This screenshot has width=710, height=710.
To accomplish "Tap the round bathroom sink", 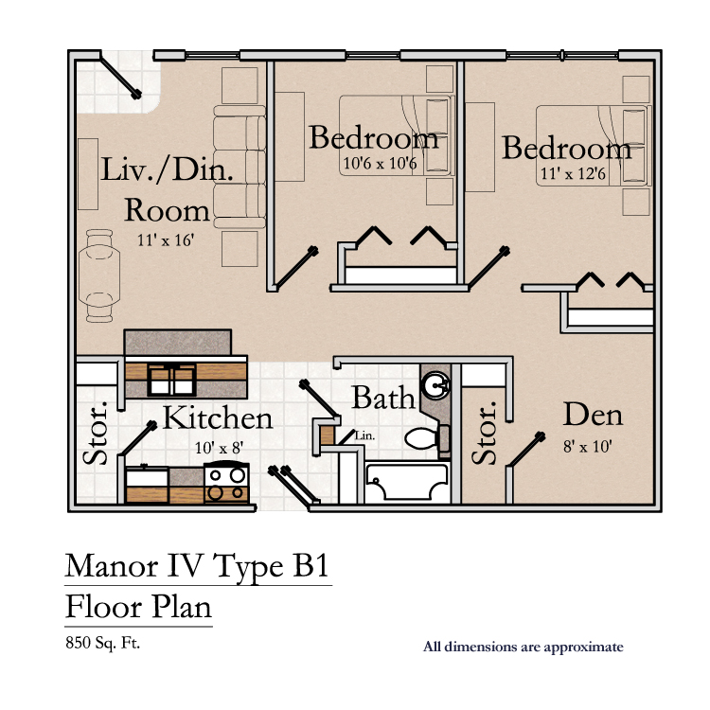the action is click(x=436, y=386).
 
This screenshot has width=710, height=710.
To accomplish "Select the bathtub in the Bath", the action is click(x=407, y=481).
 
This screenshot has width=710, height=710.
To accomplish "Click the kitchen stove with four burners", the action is click(x=226, y=482).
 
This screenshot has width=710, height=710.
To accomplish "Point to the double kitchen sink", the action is click(x=171, y=380).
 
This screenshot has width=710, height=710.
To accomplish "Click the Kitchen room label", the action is click(x=218, y=417).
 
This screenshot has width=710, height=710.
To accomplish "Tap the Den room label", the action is click(x=593, y=415).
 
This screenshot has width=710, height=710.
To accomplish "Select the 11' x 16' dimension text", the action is click(x=166, y=240).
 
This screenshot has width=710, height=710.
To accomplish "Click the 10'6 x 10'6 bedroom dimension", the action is click(x=380, y=163).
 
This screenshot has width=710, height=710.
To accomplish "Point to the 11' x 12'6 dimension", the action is click(x=573, y=173).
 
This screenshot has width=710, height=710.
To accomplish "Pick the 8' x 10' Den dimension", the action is click(x=587, y=447).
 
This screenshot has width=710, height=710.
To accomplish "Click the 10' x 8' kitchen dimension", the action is click(x=219, y=448).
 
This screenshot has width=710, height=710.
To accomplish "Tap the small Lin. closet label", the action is click(x=365, y=435).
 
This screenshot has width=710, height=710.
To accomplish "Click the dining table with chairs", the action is click(x=99, y=275).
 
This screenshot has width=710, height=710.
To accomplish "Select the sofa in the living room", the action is click(x=240, y=167).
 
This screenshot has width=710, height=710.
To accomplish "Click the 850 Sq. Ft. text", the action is click(x=103, y=643).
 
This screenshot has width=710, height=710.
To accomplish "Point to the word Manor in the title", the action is click(x=112, y=566).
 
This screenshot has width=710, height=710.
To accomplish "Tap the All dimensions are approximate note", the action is click(x=523, y=647).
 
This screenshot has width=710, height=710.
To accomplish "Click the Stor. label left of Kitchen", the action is click(x=96, y=433).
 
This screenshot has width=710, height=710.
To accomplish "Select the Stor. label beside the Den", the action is click(x=484, y=433).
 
